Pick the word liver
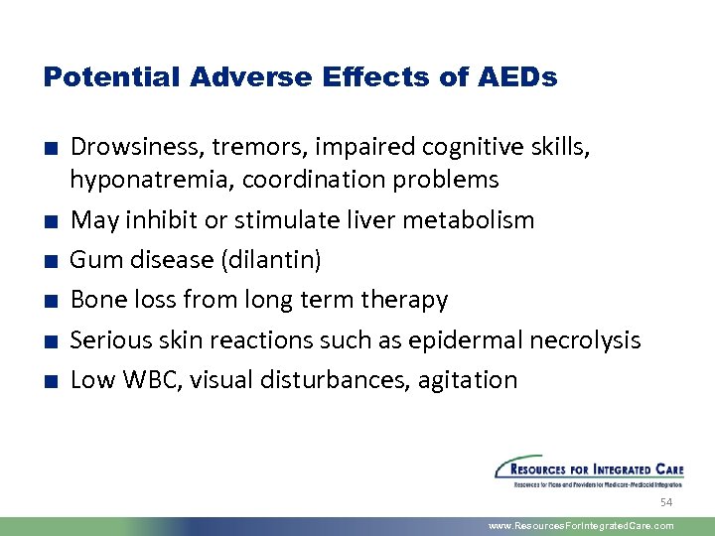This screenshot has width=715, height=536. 372,219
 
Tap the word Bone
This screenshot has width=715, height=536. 94,300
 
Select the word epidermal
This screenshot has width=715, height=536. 460,339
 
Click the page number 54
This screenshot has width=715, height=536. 666,503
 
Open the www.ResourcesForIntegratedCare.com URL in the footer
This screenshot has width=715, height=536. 582,526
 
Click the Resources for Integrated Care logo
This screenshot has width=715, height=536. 589,471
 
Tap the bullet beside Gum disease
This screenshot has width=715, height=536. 48,261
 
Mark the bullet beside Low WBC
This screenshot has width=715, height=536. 48,380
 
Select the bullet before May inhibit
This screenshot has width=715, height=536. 48,220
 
